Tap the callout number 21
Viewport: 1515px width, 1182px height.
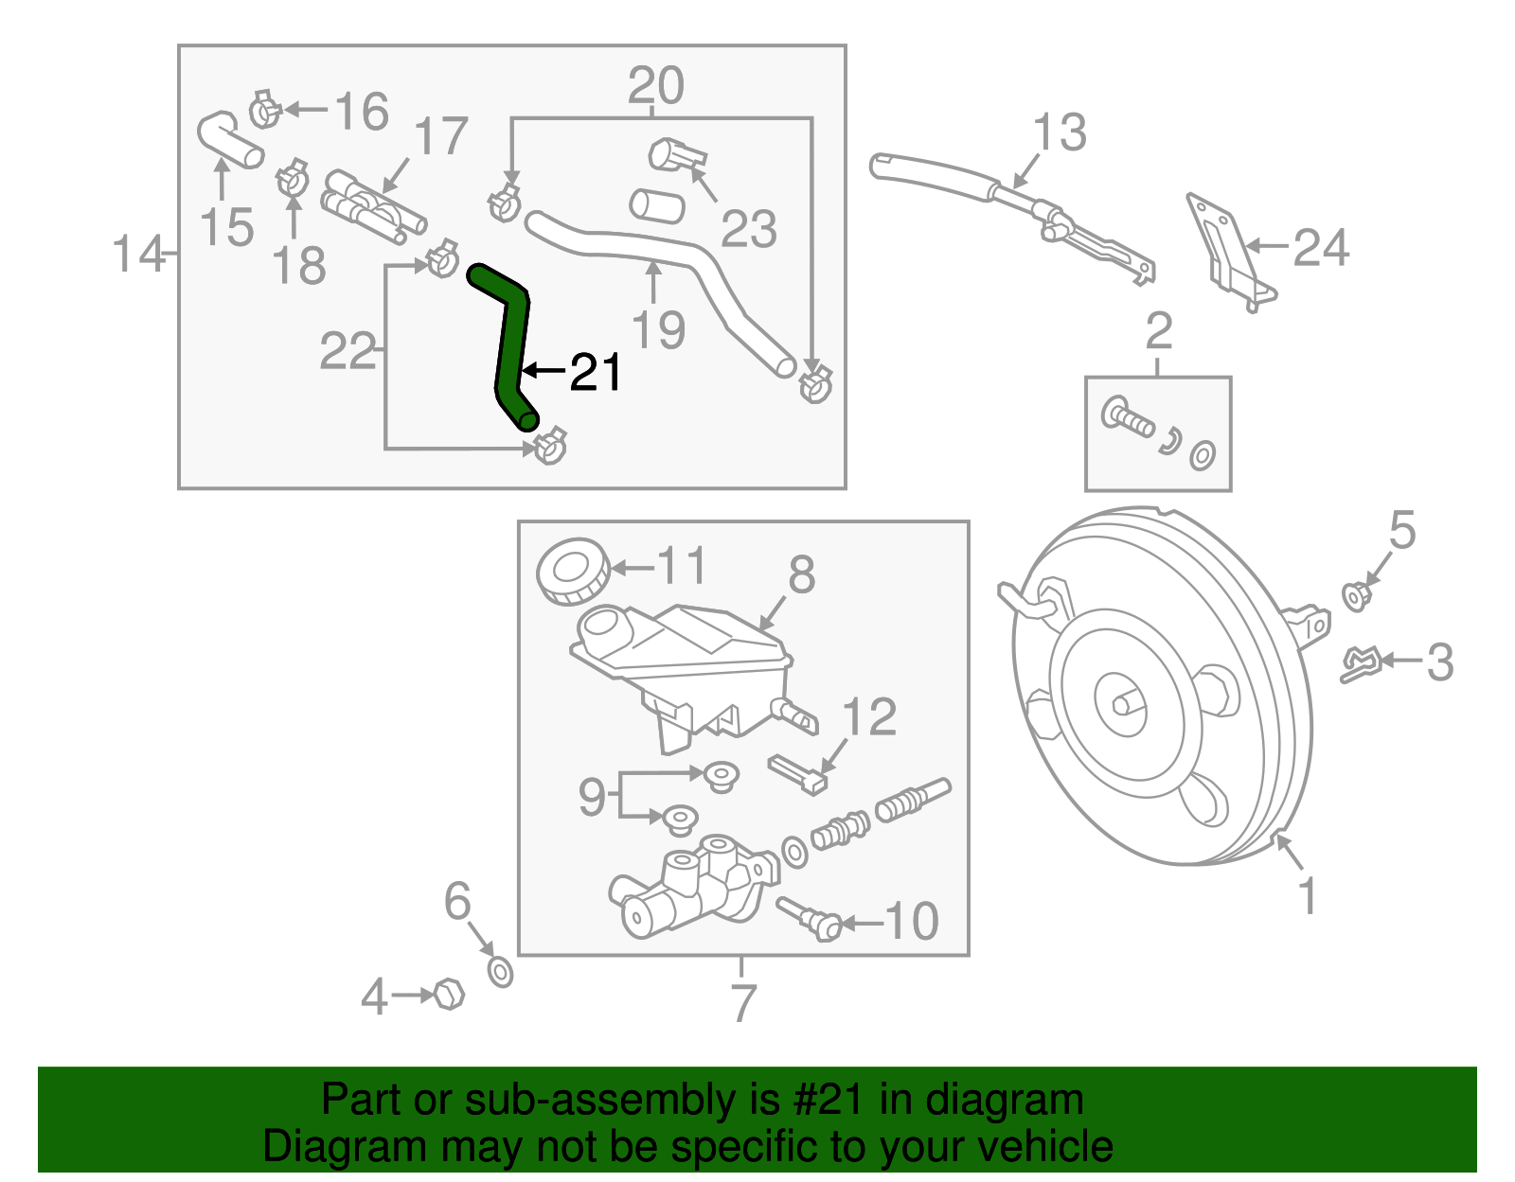pyautogui.click(x=595, y=372)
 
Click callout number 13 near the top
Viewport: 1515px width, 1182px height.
pyautogui.click(x=1059, y=132)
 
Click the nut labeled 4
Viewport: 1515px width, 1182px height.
pyautogui.click(x=449, y=994)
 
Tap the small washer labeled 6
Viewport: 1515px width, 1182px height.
pyautogui.click(x=500, y=971)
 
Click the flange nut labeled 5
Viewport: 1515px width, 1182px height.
pyautogui.click(x=1356, y=596)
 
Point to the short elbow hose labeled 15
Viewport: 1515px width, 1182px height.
pyautogui.click(x=227, y=140)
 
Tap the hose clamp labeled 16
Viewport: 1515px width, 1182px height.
pyautogui.click(x=264, y=111)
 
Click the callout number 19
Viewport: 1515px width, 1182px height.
pyautogui.click(x=657, y=329)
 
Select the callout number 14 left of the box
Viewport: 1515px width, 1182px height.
pyautogui.click(x=138, y=254)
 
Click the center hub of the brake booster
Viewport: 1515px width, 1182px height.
pyautogui.click(x=1123, y=702)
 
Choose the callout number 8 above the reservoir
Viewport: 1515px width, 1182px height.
pyautogui.click(x=801, y=574)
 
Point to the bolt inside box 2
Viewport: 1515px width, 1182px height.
pyautogui.click(x=1128, y=417)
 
